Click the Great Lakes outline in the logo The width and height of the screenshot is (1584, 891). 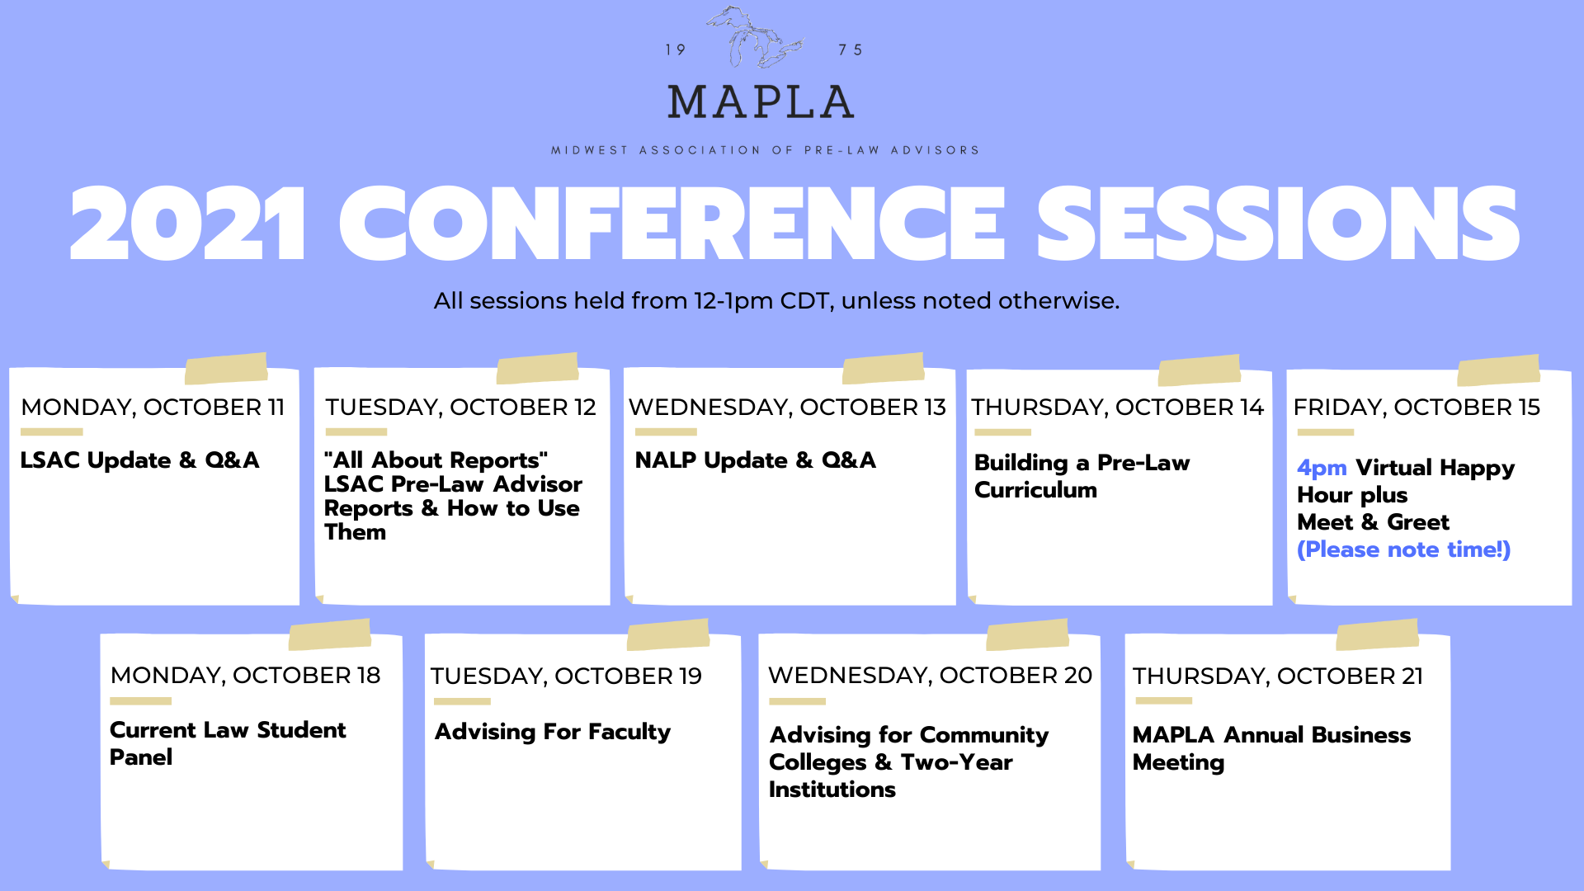[757, 38]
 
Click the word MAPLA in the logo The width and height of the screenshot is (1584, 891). [761, 102]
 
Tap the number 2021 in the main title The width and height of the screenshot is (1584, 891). [188, 224]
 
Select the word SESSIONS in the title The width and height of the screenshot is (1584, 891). [1277, 223]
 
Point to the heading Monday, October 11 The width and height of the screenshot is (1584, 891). [153, 407]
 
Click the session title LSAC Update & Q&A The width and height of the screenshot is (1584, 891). [139, 460]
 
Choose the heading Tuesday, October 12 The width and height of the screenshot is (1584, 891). [460, 407]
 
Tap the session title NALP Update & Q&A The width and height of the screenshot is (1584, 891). [755, 460]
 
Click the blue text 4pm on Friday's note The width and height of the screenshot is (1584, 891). [1322, 468]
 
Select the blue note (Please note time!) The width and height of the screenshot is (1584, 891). [1403, 549]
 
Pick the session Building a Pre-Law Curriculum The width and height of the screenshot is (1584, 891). [1082, 476]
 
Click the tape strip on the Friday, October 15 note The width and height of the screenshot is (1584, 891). [1498, 370]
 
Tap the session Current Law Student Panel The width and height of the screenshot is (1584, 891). [228, 743]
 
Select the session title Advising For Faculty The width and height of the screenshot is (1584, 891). [553, 732]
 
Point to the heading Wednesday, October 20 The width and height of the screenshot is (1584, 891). [930, 675]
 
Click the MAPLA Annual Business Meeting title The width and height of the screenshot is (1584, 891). [1271, 748]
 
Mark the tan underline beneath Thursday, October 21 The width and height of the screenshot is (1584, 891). [1163, 700]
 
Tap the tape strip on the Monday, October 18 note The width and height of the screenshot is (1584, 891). [330, 634]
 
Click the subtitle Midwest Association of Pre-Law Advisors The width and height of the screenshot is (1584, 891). [765, 150]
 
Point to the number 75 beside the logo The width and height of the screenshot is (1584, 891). [850, 50]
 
